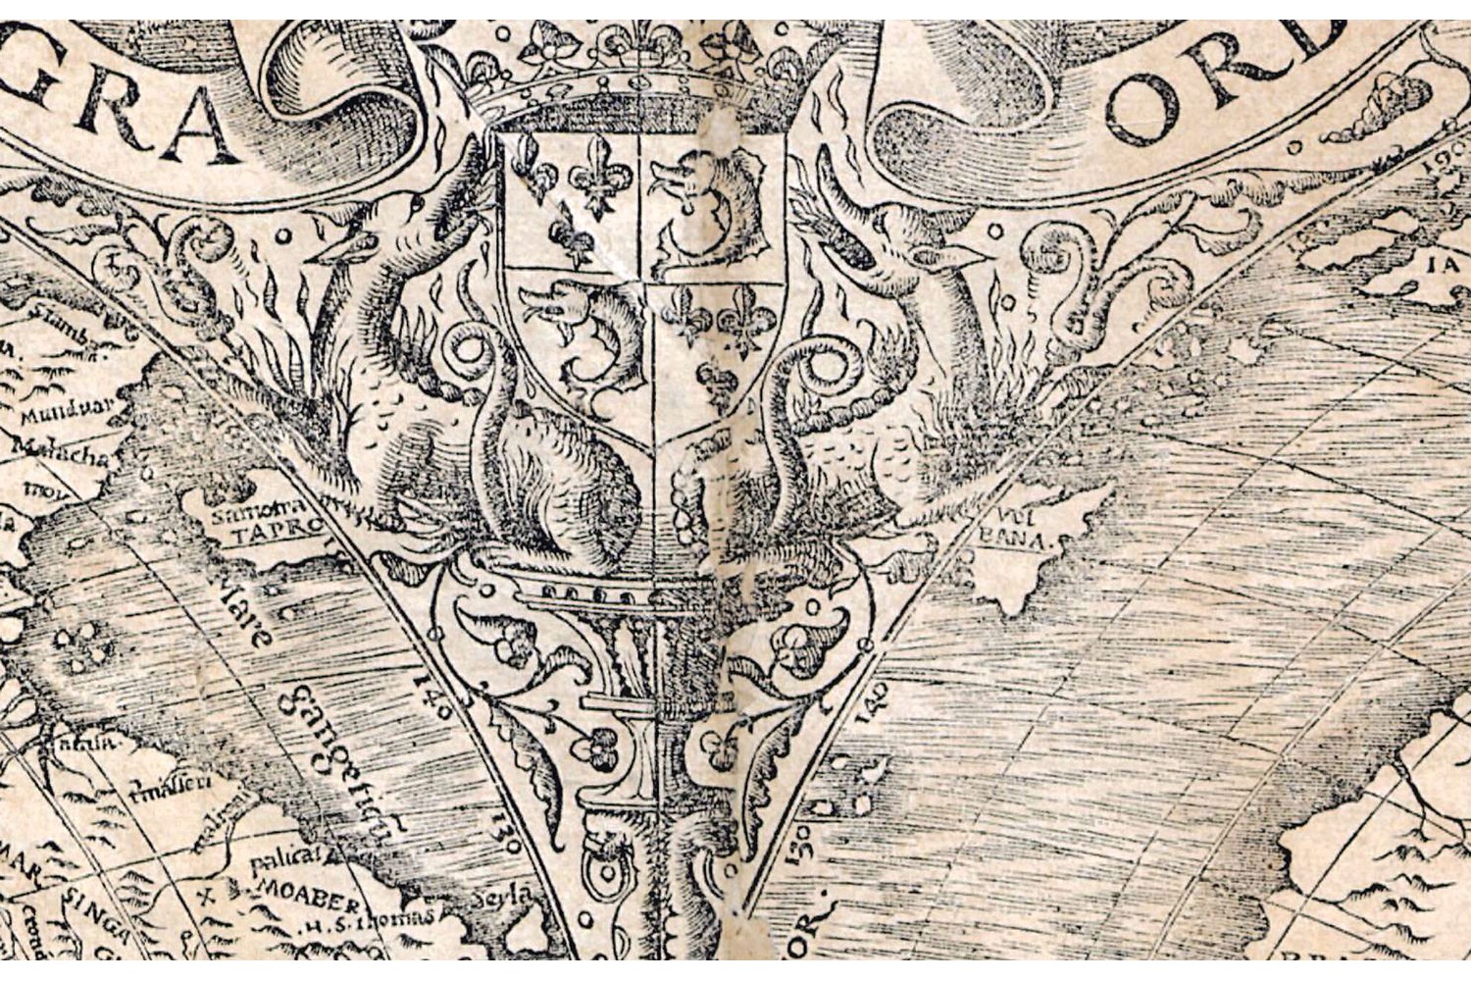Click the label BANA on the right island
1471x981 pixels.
(x=1026, y=540)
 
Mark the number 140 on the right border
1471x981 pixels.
(x=876, y=700)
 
